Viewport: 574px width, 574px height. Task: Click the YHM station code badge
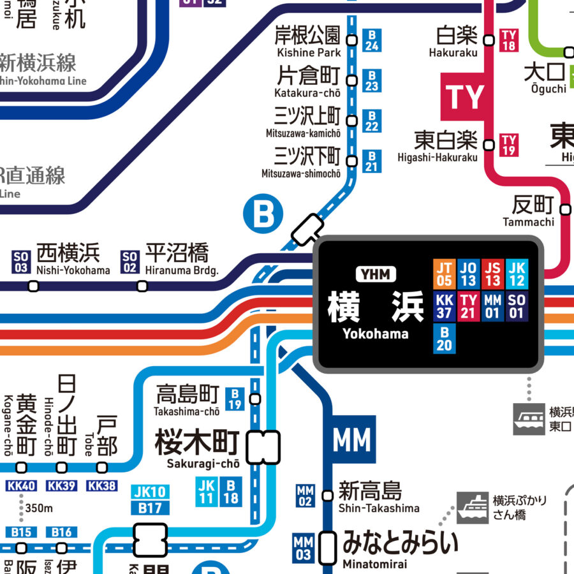pos(376,274)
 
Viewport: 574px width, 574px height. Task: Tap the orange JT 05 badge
pos(445,274)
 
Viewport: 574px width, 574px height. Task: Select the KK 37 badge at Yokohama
pos(445,305)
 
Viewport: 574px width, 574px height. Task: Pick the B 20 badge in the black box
pos(445,338)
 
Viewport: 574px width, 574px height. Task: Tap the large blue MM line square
pos(351,440)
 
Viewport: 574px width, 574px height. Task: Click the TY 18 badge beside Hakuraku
pos(508,40)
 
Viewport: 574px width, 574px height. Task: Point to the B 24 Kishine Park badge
pos(372,40)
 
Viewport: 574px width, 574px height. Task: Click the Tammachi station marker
pos(565,209)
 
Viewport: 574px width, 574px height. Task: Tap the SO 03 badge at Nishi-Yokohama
pos(21,262)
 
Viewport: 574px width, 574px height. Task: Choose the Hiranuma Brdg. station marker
pos(142,286)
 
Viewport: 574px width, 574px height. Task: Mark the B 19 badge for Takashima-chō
pos(236,399)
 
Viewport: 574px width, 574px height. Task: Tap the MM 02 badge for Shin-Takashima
pos(305,496)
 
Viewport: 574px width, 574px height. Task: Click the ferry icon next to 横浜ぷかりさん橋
pos(473,508)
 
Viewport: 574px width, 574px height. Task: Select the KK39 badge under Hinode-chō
pos(61,486)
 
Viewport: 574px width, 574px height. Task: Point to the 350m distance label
pos(39,508)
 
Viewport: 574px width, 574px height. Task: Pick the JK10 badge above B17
pos(151,492)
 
